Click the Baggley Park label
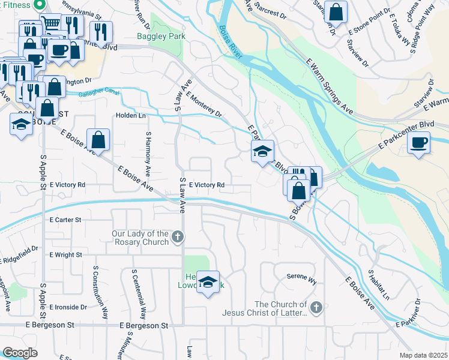point(161,36)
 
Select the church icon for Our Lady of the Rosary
point(177,237)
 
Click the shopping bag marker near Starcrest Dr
point(337,13)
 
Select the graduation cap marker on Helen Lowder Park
point(208,283)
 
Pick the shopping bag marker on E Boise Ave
point(98,141)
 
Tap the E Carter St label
point(65,220)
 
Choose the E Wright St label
point(66,255)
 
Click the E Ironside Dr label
point(68,307)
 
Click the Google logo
point(20,353)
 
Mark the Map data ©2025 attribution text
point(423,355)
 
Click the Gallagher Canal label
point(99,94)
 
